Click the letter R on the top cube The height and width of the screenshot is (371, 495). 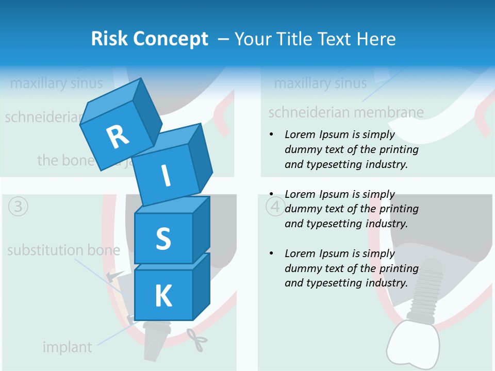click(x=118, y=137)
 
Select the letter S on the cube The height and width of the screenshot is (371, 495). click(x=163, y=239)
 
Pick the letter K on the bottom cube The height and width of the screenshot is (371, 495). click(x=163, y=296)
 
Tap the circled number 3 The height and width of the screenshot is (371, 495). click(x=18, y=207)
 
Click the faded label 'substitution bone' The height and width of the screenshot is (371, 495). click(x=63, y=251)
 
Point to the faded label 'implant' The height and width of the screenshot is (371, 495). click(x=67, y=347)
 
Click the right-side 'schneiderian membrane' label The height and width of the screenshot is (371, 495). click(x=346, y=112)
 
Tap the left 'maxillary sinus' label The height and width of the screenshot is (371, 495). click(x=56, y=83)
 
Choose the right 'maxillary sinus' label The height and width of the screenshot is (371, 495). click(x=320, y=83)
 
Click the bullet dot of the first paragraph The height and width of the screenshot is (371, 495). click(x=271, y=135)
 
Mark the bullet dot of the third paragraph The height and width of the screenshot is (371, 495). click(x=271, y=254)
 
